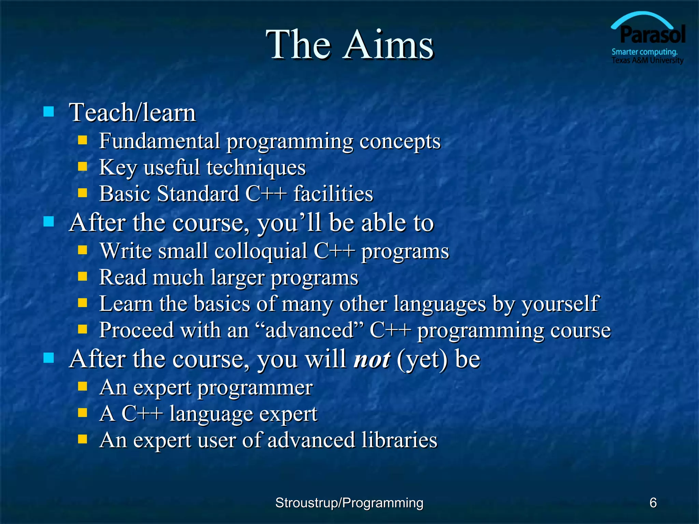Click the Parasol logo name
(x=653, y=35)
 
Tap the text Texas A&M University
(x=647, y=60)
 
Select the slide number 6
(x=653, y=503)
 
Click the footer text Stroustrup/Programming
(x=349, y=503)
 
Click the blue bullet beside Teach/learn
(x=49, y=112)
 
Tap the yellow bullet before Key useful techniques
(x=83, y=166)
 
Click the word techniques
(x=256, y=168)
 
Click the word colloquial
(x=261, y=251)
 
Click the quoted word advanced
(x=309, y=330)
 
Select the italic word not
(x=372, y=359)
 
